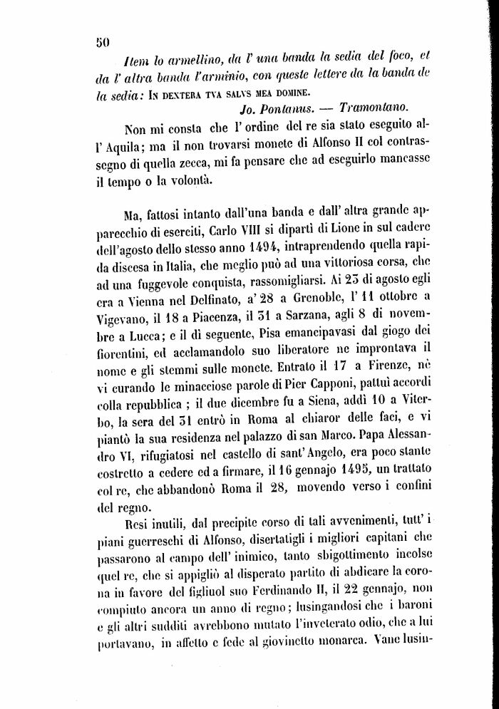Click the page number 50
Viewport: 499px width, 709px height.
tap(102, 42)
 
